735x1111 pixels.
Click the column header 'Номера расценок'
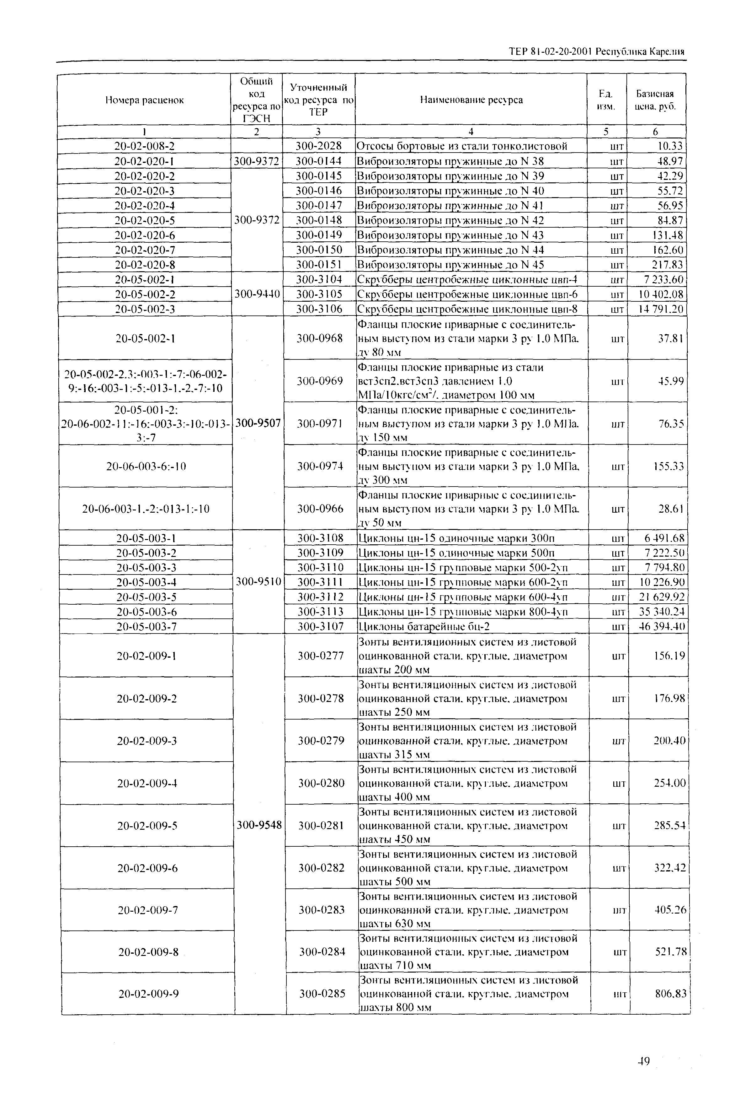tap(144, 100)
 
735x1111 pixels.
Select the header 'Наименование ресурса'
tap(471, 100)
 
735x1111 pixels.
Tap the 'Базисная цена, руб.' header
tap(655, 100)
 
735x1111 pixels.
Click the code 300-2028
tap(319, 146)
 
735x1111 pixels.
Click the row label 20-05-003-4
tap(146, 582)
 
